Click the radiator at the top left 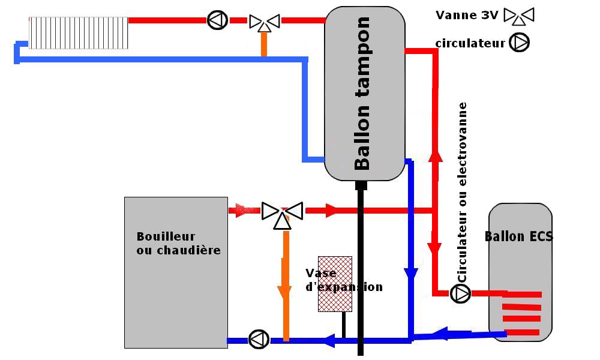coord(79,32)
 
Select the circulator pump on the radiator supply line coord(217,20)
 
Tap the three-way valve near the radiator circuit coord(265,22)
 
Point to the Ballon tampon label coord(362,94)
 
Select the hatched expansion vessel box coord(334,284)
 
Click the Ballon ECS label coord(518,236)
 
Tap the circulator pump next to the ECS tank coord(460,293)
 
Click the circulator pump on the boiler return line coord(259,339)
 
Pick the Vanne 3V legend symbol coord(518,16)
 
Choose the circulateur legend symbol coord(520,43)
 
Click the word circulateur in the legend coord(470,43)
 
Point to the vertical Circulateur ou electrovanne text coord(462,192)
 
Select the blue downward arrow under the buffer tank coord(410,274)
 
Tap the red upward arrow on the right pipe coord(436,155)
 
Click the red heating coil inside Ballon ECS coord(521,313)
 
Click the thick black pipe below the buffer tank coord(361,270)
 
